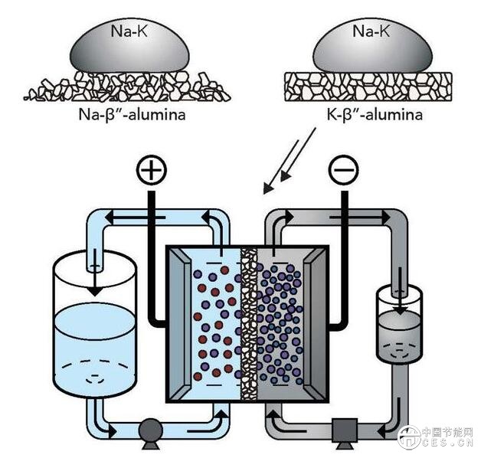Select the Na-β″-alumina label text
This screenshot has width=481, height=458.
tap(127, 116)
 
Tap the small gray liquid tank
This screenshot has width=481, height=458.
tap(399, 326)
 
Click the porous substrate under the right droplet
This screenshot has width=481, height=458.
tap(368, 87)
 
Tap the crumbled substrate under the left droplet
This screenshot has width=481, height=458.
tap(127, 87)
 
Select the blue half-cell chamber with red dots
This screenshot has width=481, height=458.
tap(211, 322)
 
